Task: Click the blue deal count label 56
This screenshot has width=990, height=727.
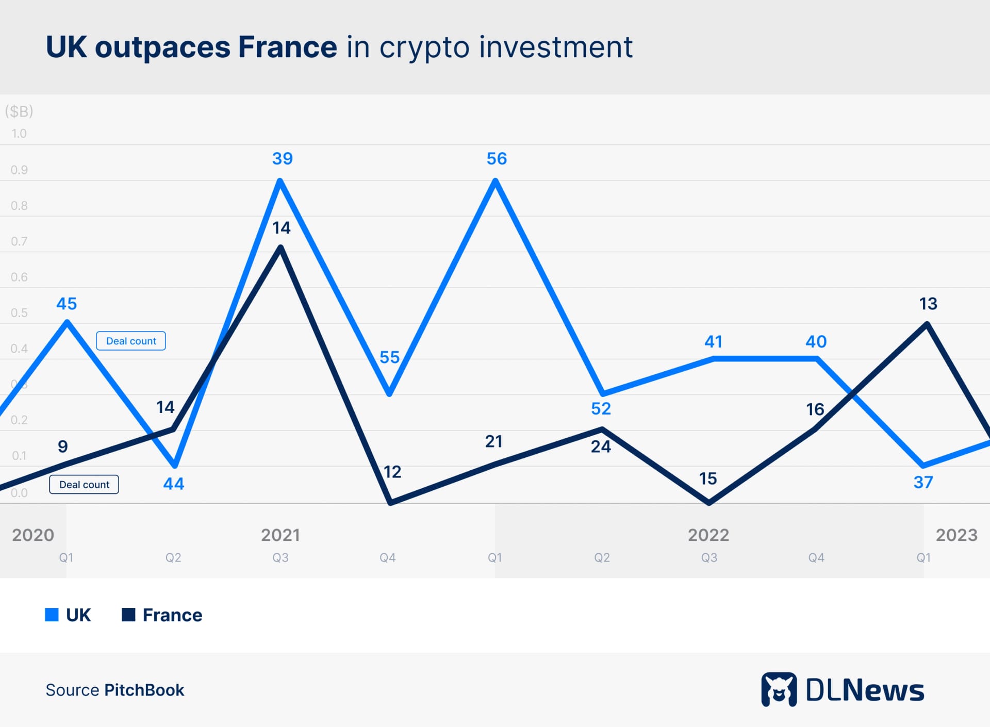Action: point(497,158)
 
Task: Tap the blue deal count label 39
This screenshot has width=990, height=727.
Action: point(282,158)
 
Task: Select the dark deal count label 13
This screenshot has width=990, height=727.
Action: point(928,304)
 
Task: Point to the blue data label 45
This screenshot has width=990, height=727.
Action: point(67,304)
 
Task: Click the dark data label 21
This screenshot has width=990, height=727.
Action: point(493,441)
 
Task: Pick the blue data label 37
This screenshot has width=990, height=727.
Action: point(923,483)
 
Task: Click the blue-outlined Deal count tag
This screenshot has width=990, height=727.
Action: point(131,341)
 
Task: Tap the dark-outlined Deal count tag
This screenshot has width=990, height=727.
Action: point(84,485)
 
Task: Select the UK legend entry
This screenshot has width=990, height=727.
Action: point(68,615)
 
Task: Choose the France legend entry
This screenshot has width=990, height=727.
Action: point(162,615)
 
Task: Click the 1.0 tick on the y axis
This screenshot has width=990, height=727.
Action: point(19,134)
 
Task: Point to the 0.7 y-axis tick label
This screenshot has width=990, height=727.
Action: point(19,241)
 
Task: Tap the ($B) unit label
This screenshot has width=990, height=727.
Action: point(19,111)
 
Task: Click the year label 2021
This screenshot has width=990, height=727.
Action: point(280,535)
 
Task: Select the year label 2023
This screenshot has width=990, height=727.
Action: point(956,535)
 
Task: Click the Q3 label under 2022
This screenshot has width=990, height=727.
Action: point(709,557)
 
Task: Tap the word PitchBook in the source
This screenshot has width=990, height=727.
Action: point(144,690)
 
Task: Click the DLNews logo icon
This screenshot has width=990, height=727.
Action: point(779,689)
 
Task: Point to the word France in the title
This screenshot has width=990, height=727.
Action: point(287,47)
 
